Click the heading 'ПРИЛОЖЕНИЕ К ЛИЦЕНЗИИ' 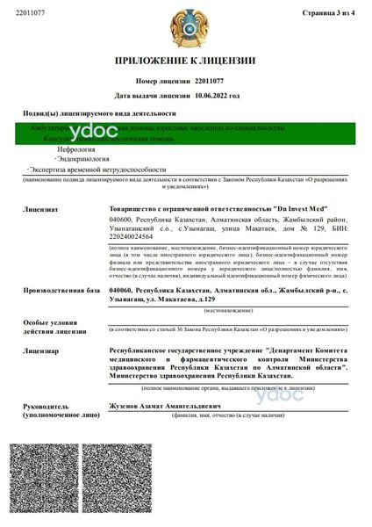pyautogui.click(x=186, y=61)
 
